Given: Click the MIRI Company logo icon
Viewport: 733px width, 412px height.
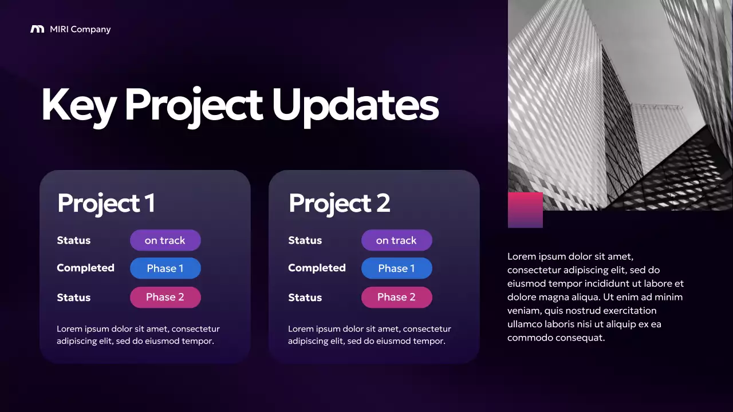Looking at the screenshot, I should pos(37,29).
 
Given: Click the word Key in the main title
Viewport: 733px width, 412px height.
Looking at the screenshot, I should pos(78,105).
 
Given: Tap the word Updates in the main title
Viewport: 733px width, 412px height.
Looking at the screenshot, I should pos(355,105).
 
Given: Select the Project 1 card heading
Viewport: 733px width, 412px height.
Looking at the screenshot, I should pos(106,203).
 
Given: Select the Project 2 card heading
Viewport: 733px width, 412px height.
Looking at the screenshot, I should pos(339,203).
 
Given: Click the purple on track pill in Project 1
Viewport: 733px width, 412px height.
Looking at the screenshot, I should pos(165,240).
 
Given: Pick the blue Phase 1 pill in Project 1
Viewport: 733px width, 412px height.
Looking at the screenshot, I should pos(165,268).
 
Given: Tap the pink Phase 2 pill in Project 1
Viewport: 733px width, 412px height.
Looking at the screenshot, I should pos(165,297).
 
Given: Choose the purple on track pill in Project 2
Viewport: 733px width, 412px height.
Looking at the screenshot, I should pos(396,240).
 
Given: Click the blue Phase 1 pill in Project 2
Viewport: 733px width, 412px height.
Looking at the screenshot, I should pos(396,268).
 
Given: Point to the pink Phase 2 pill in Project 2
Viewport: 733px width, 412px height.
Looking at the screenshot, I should pos(396,297).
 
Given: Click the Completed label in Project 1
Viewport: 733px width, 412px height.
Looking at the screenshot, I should pos(85,268).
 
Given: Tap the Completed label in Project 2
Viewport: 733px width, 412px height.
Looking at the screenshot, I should pos(317,268).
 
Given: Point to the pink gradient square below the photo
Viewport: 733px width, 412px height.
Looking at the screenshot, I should pos(525,210).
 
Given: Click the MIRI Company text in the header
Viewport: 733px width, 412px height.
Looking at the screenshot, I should pos(80,29).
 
